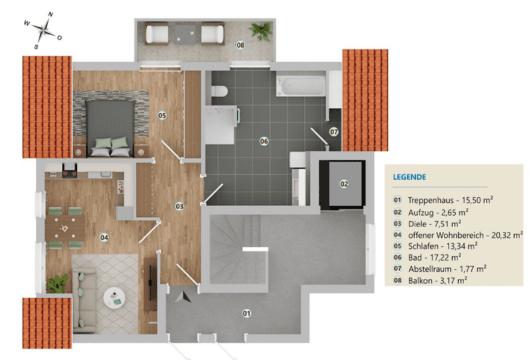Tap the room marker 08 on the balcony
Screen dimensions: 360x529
240,45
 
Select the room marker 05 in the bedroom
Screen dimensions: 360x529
161,115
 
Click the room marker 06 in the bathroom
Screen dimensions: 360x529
264,141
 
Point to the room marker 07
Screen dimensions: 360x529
334,131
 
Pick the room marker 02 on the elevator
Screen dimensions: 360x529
344,184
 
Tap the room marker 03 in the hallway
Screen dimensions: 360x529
179,206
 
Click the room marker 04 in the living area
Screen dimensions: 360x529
104,237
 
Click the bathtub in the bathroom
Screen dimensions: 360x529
300,85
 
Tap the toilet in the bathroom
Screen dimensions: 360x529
219,91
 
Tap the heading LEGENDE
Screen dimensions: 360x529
409,177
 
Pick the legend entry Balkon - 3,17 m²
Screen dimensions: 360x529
435,280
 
